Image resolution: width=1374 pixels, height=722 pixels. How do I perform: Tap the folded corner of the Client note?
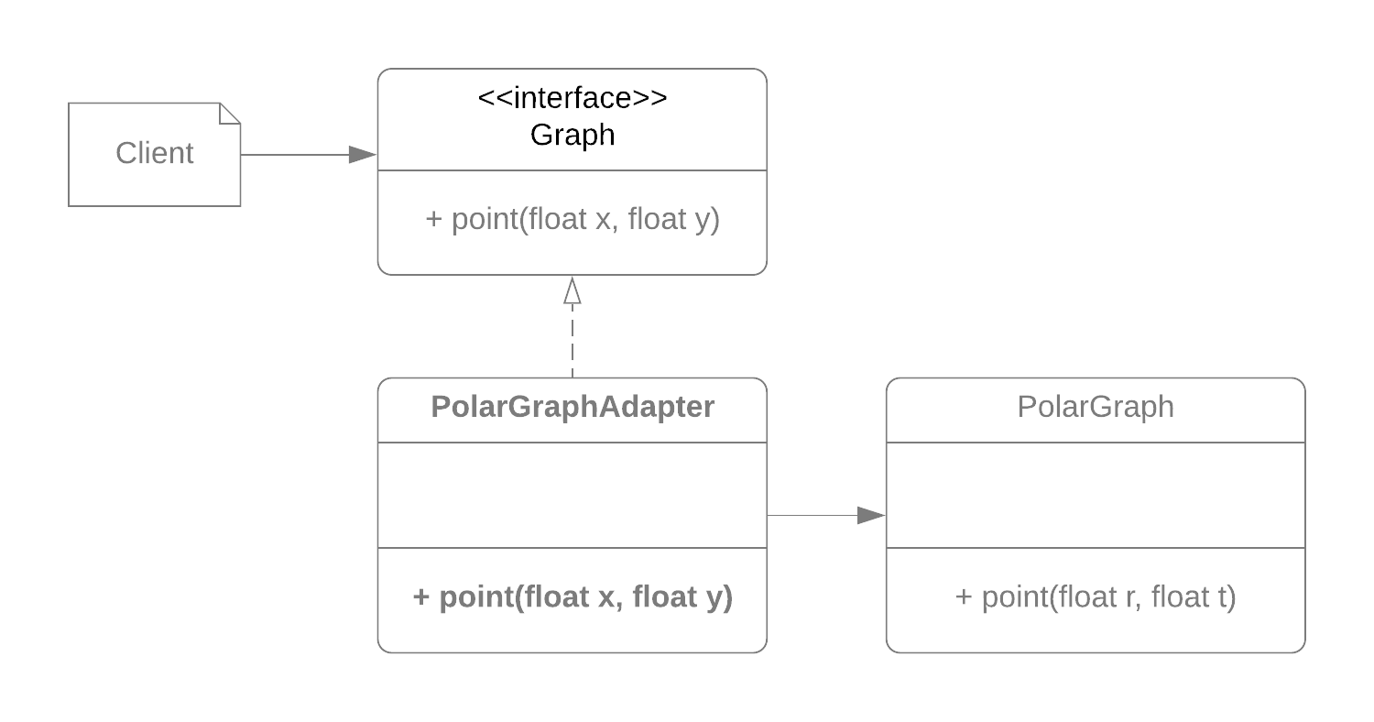(x=229, y=114)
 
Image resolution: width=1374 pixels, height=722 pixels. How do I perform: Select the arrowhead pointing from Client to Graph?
(x=363, y=155)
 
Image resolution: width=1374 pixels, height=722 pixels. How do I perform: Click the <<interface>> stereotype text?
(x=572, y=98)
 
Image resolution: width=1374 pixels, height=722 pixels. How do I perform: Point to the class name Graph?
(x=572, y=135)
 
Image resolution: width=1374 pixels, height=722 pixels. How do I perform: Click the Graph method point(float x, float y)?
(x=572, y=220)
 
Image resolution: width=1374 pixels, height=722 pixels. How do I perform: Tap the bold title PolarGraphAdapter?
(x=572, y=407)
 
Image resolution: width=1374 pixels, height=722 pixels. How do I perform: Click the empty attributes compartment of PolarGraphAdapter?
(x=572, y=495)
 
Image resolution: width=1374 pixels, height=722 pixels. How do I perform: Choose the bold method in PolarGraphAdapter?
(x=572, y=597)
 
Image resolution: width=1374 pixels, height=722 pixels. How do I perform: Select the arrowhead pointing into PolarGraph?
(x=871, y=516)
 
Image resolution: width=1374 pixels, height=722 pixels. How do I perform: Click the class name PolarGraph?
(x=1096, y=407)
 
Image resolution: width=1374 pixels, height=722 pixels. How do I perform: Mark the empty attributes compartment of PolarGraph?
(x=1096, y=495)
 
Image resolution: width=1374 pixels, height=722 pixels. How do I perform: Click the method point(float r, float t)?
(x=1096, y=597)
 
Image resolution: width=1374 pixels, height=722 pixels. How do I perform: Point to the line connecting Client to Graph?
(x=293, y=155)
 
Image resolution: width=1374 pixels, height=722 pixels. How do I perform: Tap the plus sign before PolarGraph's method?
(x=964, y=597)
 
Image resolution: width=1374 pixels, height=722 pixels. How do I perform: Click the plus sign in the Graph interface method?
(x=434, y=220)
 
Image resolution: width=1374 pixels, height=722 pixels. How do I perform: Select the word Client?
(x=154, y=153)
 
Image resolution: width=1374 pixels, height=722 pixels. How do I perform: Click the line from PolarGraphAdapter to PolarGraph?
(x=811, y=516)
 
